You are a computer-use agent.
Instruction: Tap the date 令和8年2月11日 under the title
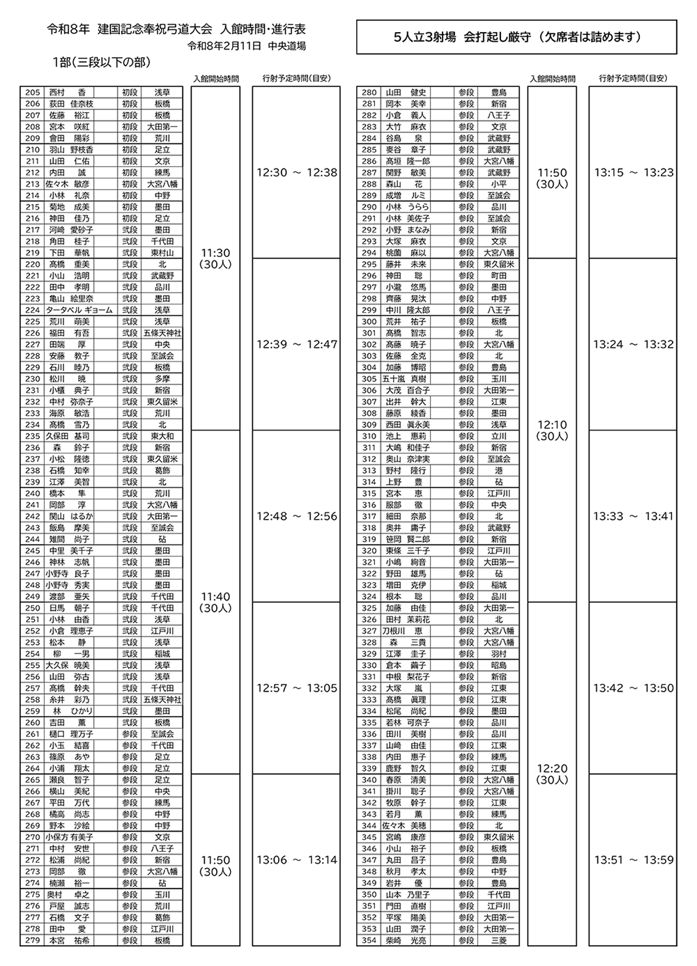click(x=224, y=47)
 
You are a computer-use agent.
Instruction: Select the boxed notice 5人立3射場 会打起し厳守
click(x=516, y=38)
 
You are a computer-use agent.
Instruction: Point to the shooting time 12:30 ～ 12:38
click(x=297, y=173)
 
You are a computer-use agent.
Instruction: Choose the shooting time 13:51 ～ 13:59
click(x=634, y=860)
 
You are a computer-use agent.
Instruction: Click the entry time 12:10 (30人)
click(x=553, y=430)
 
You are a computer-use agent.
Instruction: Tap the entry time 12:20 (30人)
click(x=553, y=774)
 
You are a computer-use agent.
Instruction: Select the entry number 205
click(x=32, y=93)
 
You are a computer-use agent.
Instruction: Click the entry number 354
click(x=369, y=940)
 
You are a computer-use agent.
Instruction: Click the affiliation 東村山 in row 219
click(x=162, y=253)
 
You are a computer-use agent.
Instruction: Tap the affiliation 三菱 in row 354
click(x=498, y=940)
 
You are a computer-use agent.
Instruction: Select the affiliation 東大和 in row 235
click(x=162, y=436)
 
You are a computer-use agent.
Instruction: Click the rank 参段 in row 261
click(x=130, y=734)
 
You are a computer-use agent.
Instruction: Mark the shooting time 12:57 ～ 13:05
click(x=297, y=688)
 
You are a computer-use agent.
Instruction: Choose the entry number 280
click(x=369, y=93)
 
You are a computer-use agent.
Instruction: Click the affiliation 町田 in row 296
click(x=498, y=276)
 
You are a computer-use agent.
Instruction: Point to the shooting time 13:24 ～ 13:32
click(x=634, y=345)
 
